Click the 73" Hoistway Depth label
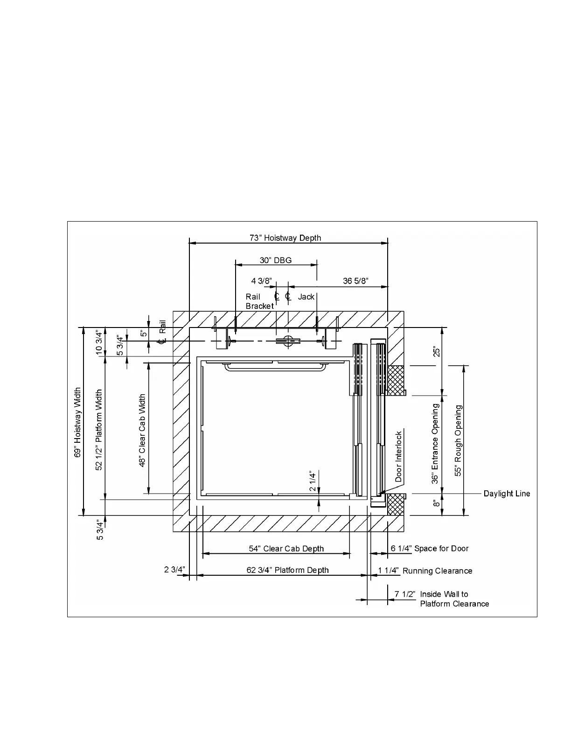tap(285, 238)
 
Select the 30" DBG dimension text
tap(276, 260)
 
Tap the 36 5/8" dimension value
tap(356, 281)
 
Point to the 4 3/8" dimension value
tap(261, 281)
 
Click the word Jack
tap(306, 297)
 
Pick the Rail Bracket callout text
tap(259, 301)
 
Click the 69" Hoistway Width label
tap(78, 422)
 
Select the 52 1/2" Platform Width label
tap(99, 430)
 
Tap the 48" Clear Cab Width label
tap(142, 430)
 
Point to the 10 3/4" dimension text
tap(99, 342)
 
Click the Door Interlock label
tap(398, 456)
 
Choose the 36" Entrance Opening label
tap(435, 443)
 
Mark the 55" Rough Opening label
tap(458, 440)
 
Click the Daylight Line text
tap(507, 494)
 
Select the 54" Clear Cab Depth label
tap(286, 549)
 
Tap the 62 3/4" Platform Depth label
tap(287, 570)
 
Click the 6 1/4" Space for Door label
tap(430, 549)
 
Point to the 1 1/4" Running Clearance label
tap(425, 571)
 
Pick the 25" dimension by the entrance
tap(436, 351)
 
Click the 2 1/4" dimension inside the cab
tap(313, 481)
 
